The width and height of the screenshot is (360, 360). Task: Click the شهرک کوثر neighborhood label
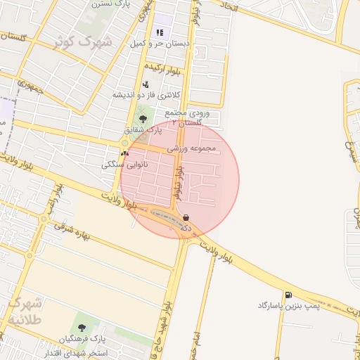[x=83, y=41]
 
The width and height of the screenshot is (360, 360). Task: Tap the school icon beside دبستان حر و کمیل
[x=160, y=32]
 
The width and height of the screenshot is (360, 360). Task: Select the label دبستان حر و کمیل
[x=160, y=44]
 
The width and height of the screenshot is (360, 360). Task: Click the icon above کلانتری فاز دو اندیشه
[x=146, y=84]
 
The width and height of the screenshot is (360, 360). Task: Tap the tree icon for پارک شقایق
[x=143, y=119]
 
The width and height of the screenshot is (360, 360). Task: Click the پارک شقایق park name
[x=143, y=130]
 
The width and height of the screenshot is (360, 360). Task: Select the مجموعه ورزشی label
[x=195, y=149]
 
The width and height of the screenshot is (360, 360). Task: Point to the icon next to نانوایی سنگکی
[x=125, y=153]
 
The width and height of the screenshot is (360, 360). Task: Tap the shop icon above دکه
[x=186, y=217]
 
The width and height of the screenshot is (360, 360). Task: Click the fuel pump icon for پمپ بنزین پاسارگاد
[x=288, y=295]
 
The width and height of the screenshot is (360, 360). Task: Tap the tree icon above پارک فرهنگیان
[x=82, y=328]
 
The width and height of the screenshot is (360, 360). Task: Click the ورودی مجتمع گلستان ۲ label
[x=193, y=117]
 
